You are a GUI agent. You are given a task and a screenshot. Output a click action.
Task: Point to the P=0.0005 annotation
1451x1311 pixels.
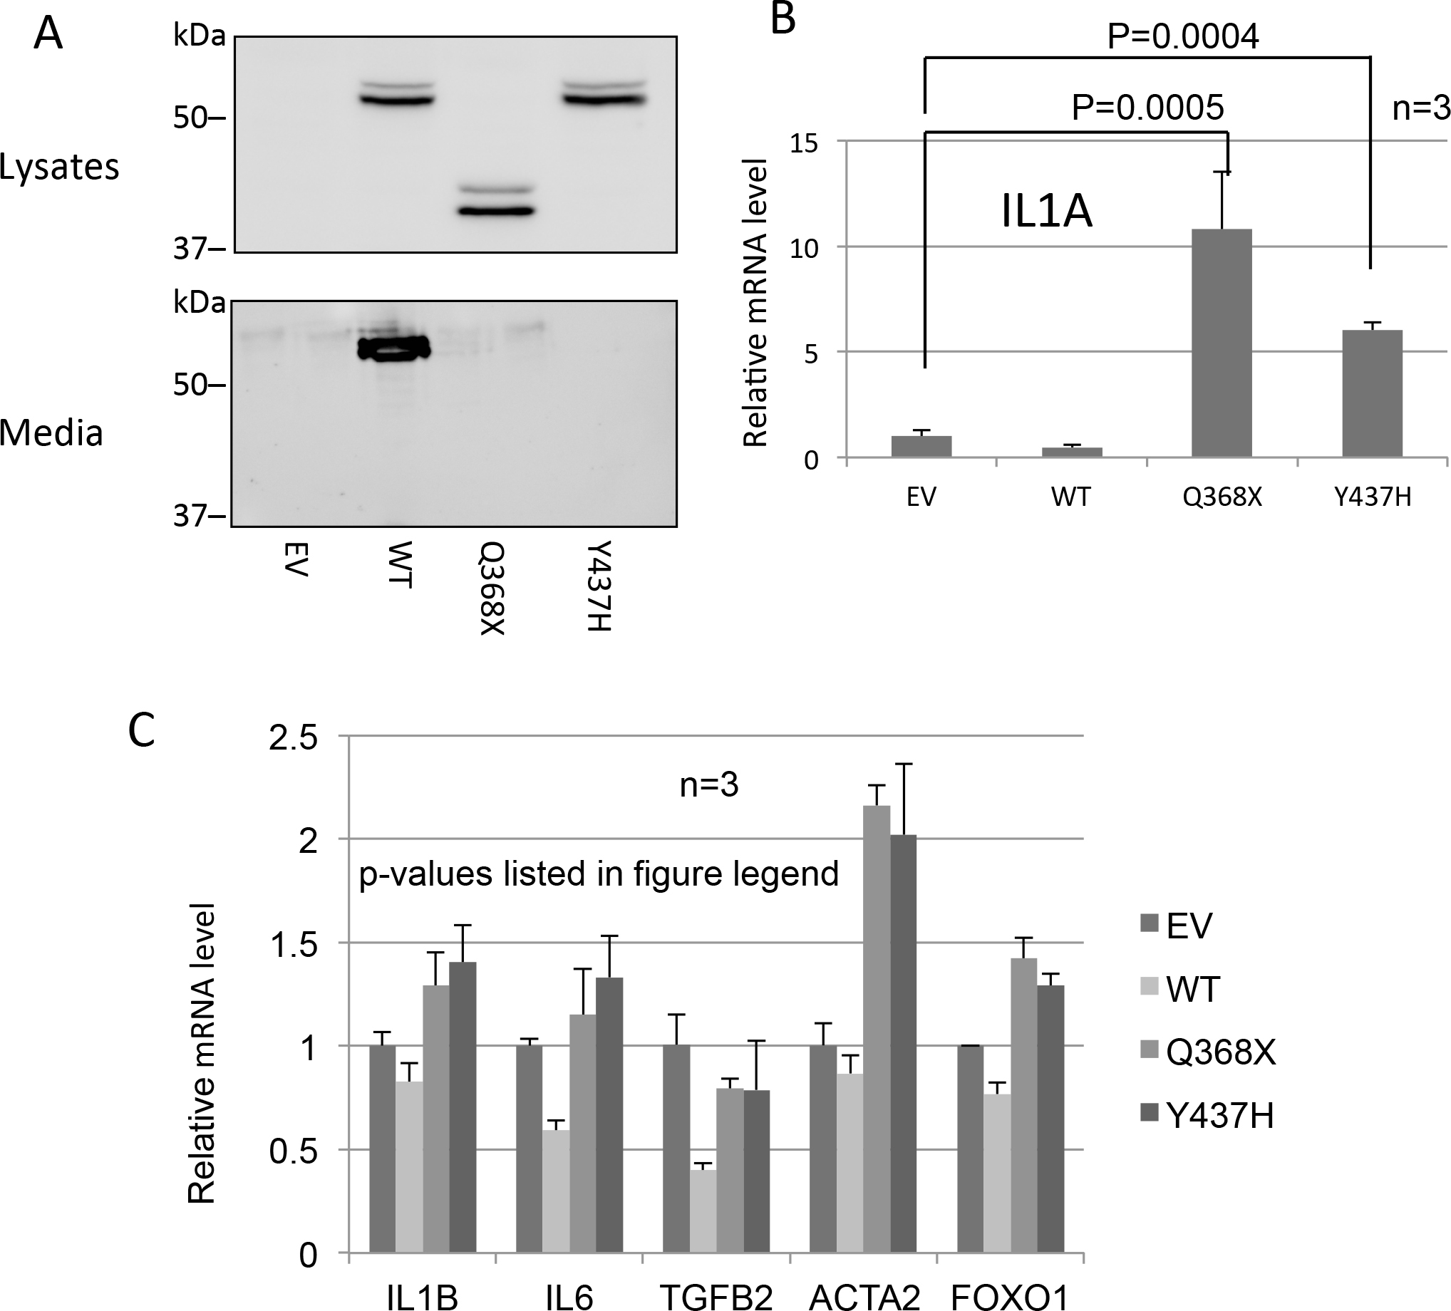pyautogui.click(x=1147, y=108)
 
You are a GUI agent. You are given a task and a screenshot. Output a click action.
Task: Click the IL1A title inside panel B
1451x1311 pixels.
pyautogui.click(x=1047, y=213)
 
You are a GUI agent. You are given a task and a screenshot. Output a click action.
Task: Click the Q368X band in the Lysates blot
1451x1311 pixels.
pyautogui.click(x=497, y=211)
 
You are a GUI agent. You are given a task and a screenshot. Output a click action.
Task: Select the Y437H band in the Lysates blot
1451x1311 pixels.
pyautogui.click(x=605, y=99)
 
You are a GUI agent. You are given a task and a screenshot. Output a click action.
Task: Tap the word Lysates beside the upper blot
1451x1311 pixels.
pyautogui.click(x=59, y=167)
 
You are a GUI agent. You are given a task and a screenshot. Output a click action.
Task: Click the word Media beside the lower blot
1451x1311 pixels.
pyautogui.click(x=52, y=433)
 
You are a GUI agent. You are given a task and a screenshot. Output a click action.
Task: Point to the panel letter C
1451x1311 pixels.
pyautogui.click(x=141, y=730)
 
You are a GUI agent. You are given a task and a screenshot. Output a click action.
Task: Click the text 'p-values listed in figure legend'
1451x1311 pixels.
pyautogui.click(x=599, y=874)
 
